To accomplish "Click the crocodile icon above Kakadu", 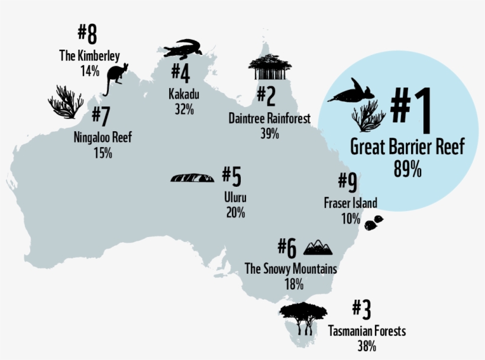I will click(x=182, y=49).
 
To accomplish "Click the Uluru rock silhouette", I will click(x=193, y=177).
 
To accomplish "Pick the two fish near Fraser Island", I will click(x=374, y=222).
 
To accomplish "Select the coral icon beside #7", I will click(x=65, y=102).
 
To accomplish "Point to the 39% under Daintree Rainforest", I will click(x=269, y=133).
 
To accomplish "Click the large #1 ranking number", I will click(x=410, y=111).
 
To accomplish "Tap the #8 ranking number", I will click(x=87, y=35).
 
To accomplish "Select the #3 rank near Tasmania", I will click(x=361, y=309).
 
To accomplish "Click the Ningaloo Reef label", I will click(x=102, y=138).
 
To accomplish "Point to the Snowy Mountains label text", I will click(x=291, y=269).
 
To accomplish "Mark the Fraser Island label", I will click(x=350, y=203).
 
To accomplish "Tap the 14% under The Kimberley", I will click(x=90, y=70).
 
